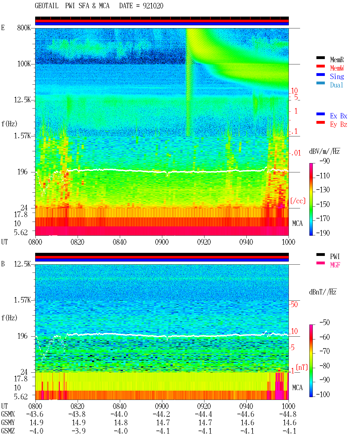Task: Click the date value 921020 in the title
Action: tap(153, 6)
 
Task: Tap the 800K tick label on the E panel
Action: tap(24, 28)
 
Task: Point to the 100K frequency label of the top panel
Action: tap(24, 64)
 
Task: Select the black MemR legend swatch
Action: tap(320, 58)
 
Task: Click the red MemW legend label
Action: tap(337, 68)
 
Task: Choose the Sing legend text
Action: tap(337, 76)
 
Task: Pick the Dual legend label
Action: tap(337, 85)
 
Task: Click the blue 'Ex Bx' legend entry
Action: tap(339, 116)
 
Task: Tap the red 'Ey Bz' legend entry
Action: tap(339, 125)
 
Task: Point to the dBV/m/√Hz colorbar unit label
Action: tap(324, 151)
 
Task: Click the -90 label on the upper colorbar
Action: tap(325, 161)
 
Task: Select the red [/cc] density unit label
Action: tap(298, 201)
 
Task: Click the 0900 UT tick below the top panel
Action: tap(162, 242)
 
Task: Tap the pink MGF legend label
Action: tap(335, 265)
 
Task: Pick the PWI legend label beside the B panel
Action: tap(335, 256)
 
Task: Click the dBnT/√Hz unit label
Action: tap(323, 292)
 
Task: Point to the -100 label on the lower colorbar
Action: tap(323, 394)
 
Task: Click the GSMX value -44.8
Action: tap(288, 414)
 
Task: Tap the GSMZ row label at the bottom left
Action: tap(8, 431)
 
